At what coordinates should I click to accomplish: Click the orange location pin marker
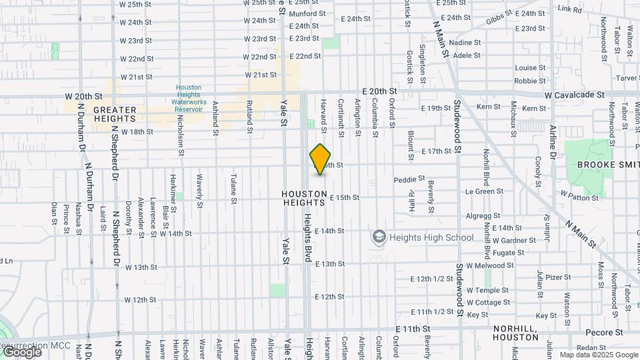pos(321,159)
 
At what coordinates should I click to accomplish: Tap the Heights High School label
pos(431,237)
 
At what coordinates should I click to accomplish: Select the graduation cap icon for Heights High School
pos(379,237)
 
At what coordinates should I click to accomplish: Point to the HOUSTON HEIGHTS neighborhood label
pos(305,198)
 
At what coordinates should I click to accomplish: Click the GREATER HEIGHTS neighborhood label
pos(115,114)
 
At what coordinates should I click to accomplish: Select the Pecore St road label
pos(604,332)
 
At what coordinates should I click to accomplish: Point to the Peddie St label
pos(409,179)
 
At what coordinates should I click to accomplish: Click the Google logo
pos(21,351)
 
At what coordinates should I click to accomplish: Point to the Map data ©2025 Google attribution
pos(598,355)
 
